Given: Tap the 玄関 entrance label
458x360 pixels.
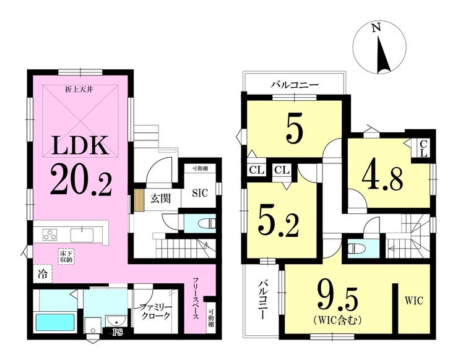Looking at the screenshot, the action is click(x=161, y=199).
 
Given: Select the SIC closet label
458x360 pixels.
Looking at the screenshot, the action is click(x=200, y=193).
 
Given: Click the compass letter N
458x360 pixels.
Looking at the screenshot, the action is click(x=376, y=28).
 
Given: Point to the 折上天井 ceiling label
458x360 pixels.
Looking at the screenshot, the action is click(x=79, y=90).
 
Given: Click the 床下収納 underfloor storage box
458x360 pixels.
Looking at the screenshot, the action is click(x=67, y=256).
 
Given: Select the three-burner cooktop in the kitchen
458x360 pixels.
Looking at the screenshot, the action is click(x=50, y=235).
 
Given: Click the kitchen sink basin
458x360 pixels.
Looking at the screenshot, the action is click(x=82, y=235).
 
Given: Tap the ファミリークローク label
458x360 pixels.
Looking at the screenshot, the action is click(x=155, y=311).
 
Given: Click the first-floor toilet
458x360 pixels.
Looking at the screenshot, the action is click(x=207, y=224).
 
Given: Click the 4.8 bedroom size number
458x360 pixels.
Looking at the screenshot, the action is click(x=382, y=178).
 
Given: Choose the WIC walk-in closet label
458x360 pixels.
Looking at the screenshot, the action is click(x=413, y=301).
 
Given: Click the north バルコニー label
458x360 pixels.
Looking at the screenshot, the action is click(x=294, y=85).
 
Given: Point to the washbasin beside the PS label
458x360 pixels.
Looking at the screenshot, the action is click(x=116, y=321).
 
